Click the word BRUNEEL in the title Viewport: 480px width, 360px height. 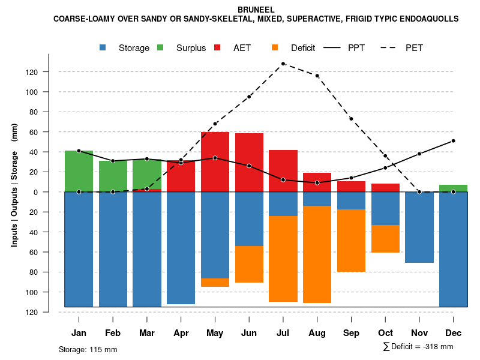[256, 10]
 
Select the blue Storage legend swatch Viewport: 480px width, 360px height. [104, 48]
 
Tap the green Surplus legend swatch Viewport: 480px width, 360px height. [160, 48]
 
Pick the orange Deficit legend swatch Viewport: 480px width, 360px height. [275, 48]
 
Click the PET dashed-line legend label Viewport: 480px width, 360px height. [414, 48]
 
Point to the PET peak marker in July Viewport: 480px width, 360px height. [283, 64]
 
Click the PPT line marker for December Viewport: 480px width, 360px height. [453, 141]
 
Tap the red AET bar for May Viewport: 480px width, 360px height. [215, 161]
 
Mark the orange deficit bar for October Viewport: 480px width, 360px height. [385, 239]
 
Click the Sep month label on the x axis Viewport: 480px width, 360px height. [351, 333]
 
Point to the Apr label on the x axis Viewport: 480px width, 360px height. [181, 333]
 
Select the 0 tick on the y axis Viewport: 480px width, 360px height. [51, 192]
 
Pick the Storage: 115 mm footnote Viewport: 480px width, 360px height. [88, 349]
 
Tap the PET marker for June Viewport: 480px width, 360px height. [249, 97]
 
